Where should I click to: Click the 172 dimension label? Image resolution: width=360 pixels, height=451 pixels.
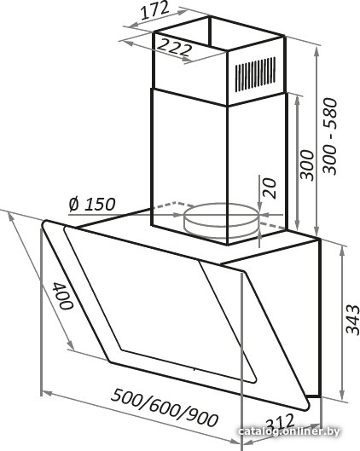coord(154,10)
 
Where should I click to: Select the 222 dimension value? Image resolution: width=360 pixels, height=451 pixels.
coord(174,47)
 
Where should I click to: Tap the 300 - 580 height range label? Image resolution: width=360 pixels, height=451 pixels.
coord(329,136)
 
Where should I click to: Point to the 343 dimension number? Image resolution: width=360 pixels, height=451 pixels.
coord(352,320)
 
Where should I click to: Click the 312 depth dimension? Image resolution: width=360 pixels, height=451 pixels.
coord(280,423)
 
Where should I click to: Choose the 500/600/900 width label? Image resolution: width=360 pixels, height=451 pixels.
coord(165,408)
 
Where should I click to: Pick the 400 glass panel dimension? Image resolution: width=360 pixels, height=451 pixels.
coord(63,296)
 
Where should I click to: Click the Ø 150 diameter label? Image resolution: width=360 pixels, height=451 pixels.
coord(92,205)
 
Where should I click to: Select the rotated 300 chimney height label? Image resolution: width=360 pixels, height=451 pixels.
coord(306,165)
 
